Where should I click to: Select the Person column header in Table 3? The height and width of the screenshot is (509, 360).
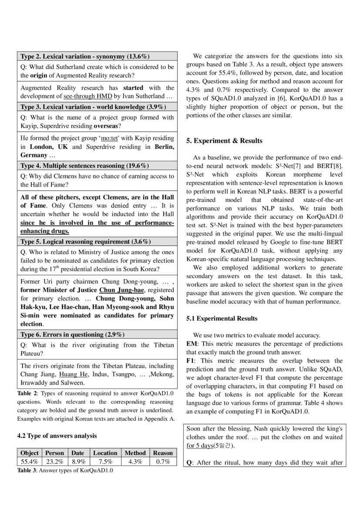tap(54, 453)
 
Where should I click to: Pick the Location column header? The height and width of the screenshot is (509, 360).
tap(105, 453)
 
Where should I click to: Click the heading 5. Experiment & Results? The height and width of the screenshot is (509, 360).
tap(224, 141)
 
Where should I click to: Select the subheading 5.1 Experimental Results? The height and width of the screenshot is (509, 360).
tap(222, 318)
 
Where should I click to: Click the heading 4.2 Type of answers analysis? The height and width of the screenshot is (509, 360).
tap(57, 435)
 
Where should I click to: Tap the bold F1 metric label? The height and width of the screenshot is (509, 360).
tap(190, 361)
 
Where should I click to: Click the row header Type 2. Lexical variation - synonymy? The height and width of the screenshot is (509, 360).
tap(85, 56)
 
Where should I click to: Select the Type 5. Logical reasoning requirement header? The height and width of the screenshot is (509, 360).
tap(86, 241)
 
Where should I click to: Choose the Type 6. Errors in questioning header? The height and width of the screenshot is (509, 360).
tap(72, 334)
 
